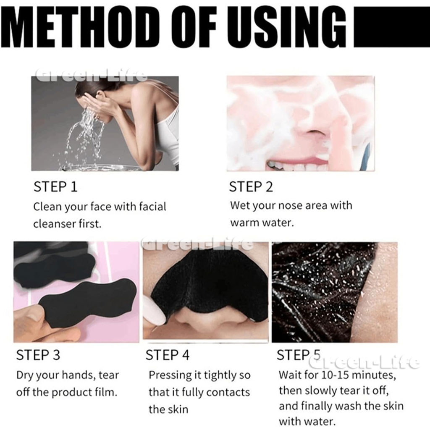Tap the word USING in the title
[286, 26]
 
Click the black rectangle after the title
[392, 26]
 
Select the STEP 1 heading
[55, 187]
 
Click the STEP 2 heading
[251, 187]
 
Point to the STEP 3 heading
[38, 355]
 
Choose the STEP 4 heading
[167, 355]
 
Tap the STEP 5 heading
[299, 355]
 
